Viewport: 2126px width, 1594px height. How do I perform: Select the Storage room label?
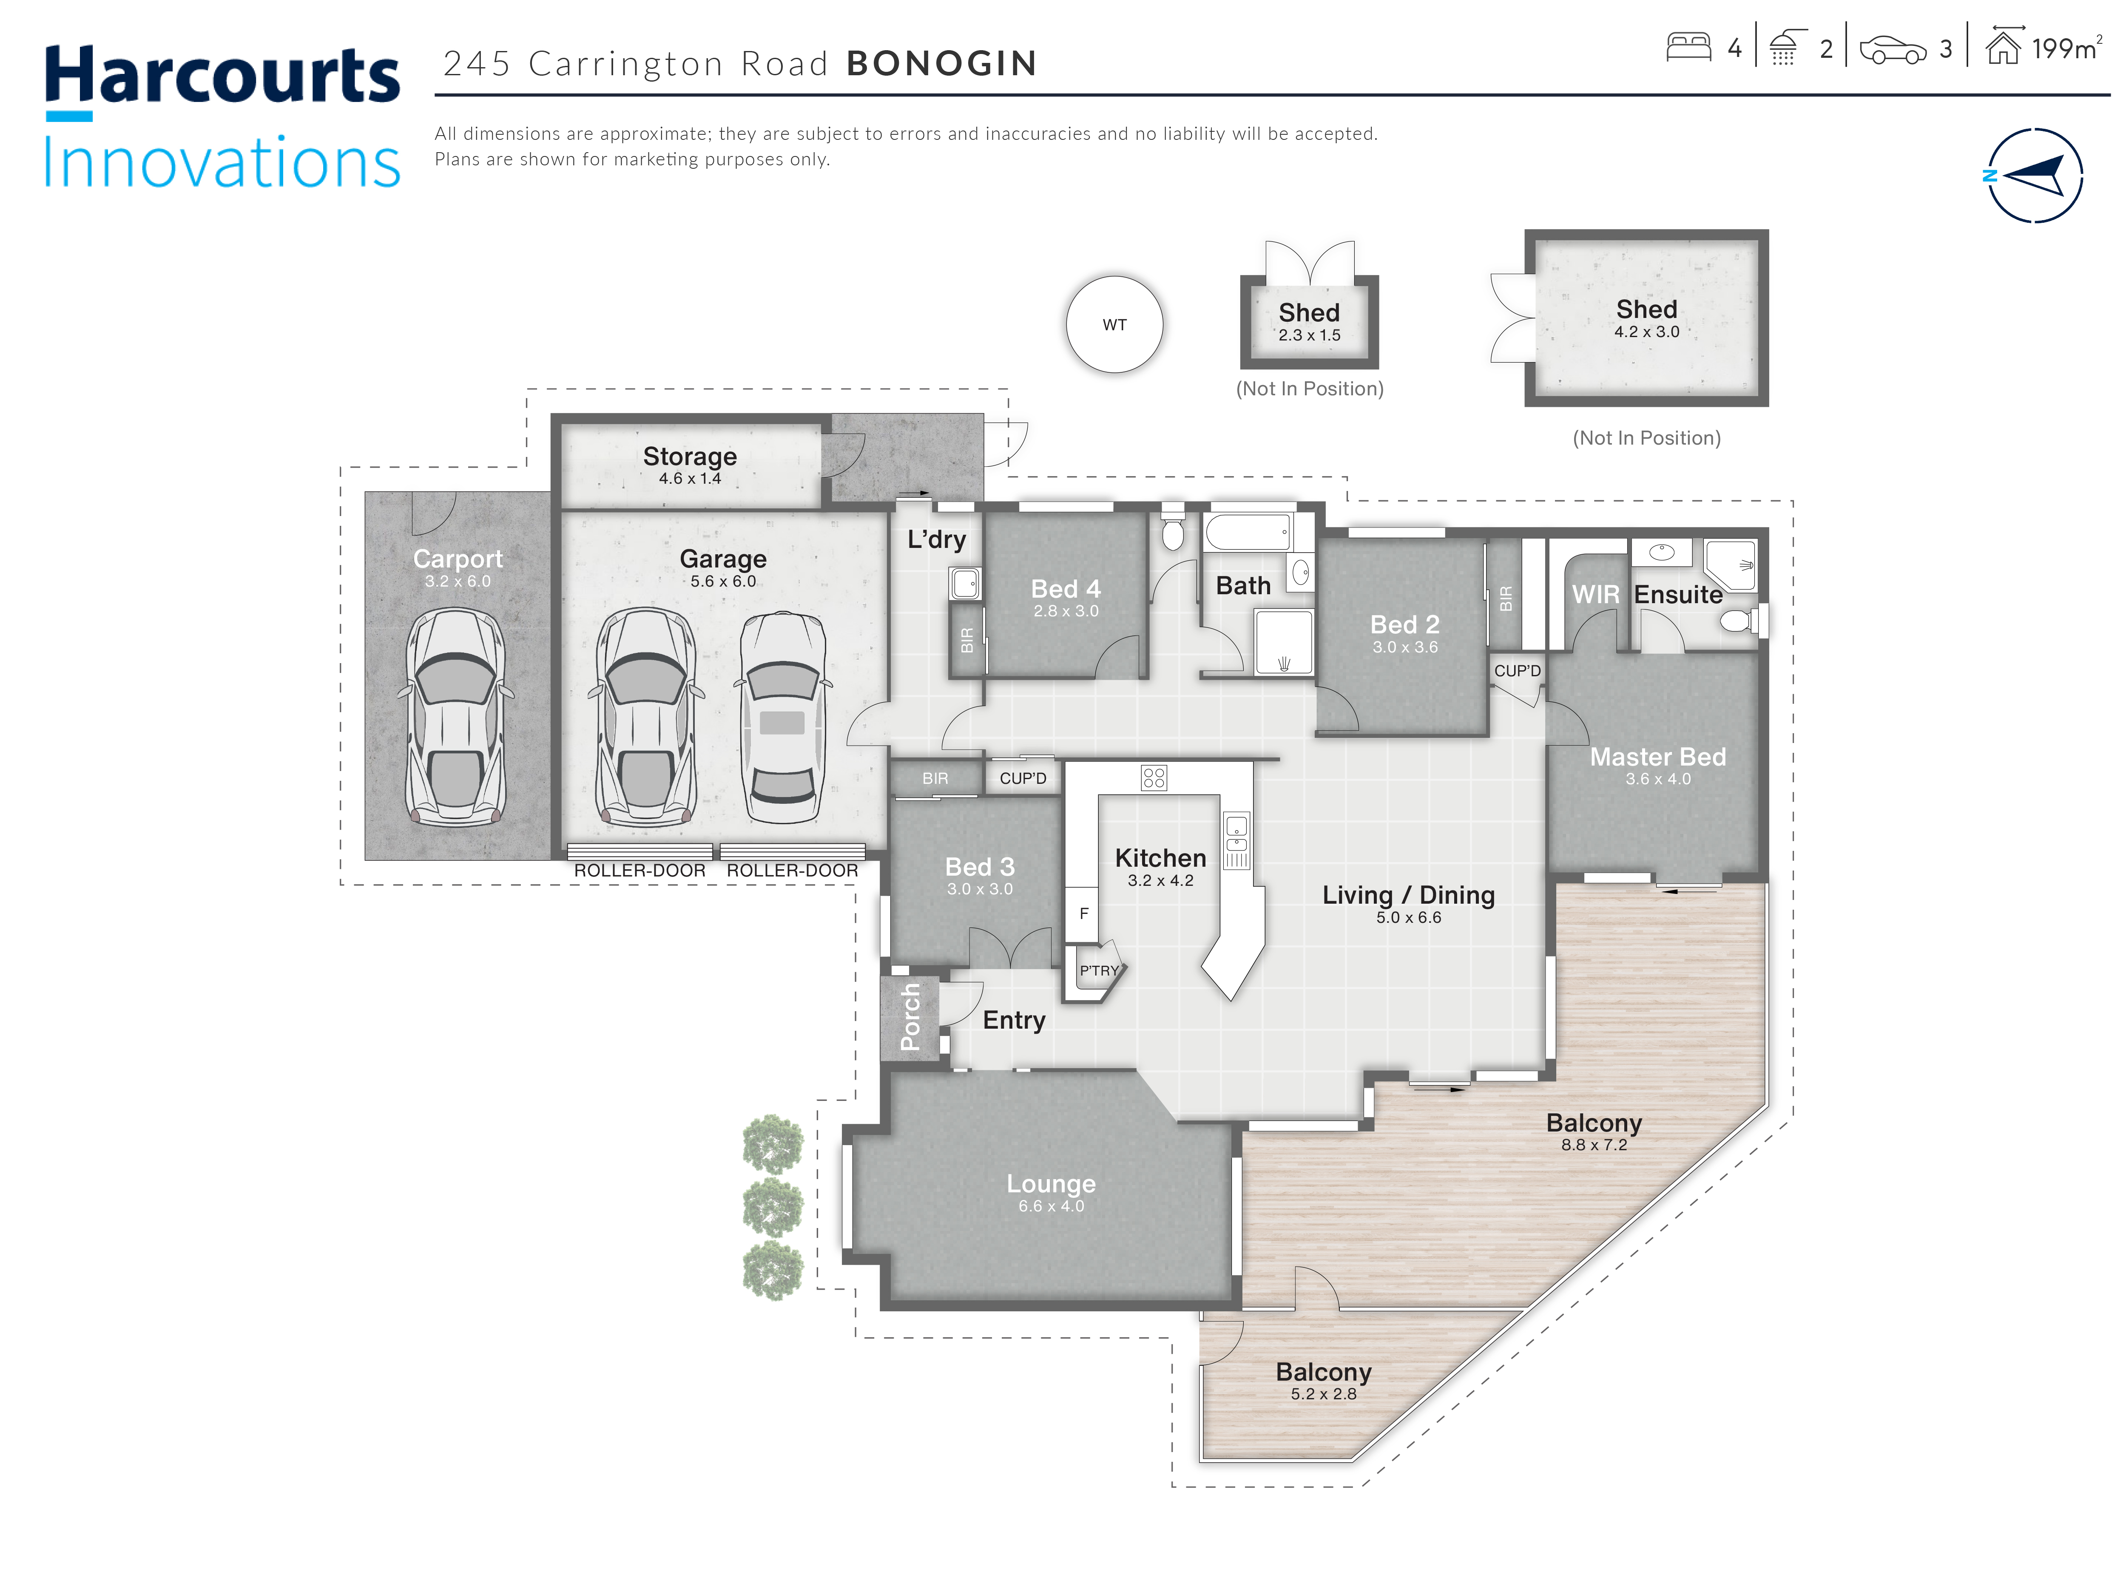click(x=690, y=457)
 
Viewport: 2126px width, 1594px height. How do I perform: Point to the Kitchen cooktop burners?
click(x=1153, y=777)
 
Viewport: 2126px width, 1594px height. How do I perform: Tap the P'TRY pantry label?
click(x=1099, y=970)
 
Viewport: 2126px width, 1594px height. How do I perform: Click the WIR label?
click(x=1595, y=595)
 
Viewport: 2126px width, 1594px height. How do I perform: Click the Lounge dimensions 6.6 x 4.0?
click(x=1052, y=1206)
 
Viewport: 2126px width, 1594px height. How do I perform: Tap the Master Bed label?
click(x=1658, y=757)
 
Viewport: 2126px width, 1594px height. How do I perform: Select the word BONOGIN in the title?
click(x=942, y=63)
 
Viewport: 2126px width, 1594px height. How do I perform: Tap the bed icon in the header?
click(x=1689, y=47)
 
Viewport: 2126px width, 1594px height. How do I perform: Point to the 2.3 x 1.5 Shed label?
click(x=1309, y=335)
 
